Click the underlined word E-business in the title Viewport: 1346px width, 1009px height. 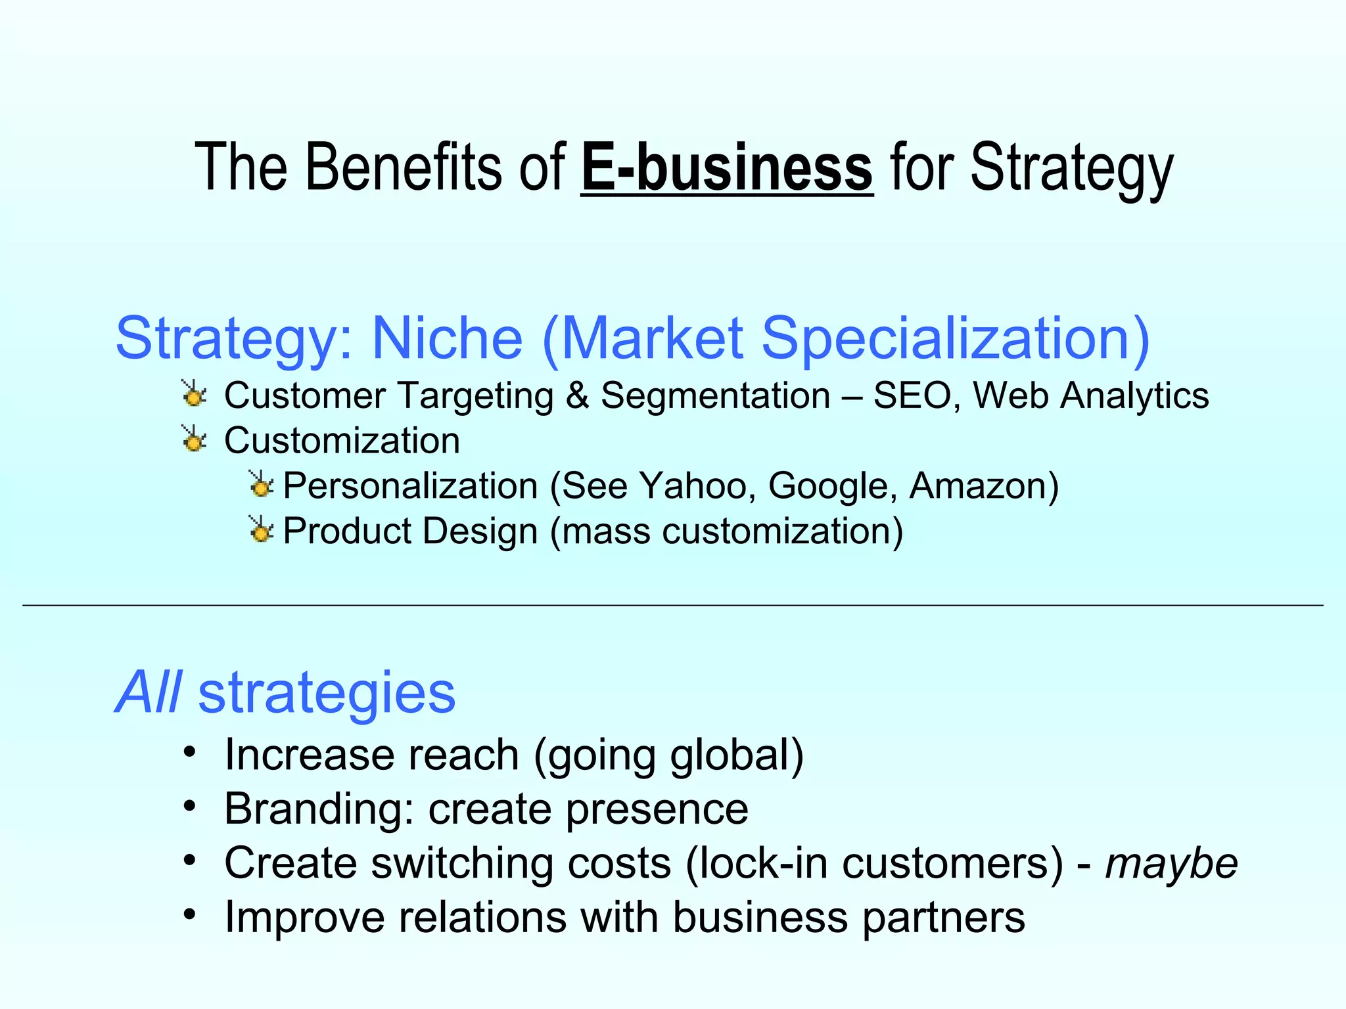(x=727, y=168)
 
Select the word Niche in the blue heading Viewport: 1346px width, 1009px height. (x=447, y=338)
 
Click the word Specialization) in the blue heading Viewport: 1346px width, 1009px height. (x=955, y=338)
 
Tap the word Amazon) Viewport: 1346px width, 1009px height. (x=984, y=486)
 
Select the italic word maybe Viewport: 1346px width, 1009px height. (x=1171, y=863)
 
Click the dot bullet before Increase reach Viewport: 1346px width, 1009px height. (x=190, y=751)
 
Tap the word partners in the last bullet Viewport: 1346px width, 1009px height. (x=943, y=918)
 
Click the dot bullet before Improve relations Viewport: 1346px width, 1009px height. (x=190, y=914)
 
